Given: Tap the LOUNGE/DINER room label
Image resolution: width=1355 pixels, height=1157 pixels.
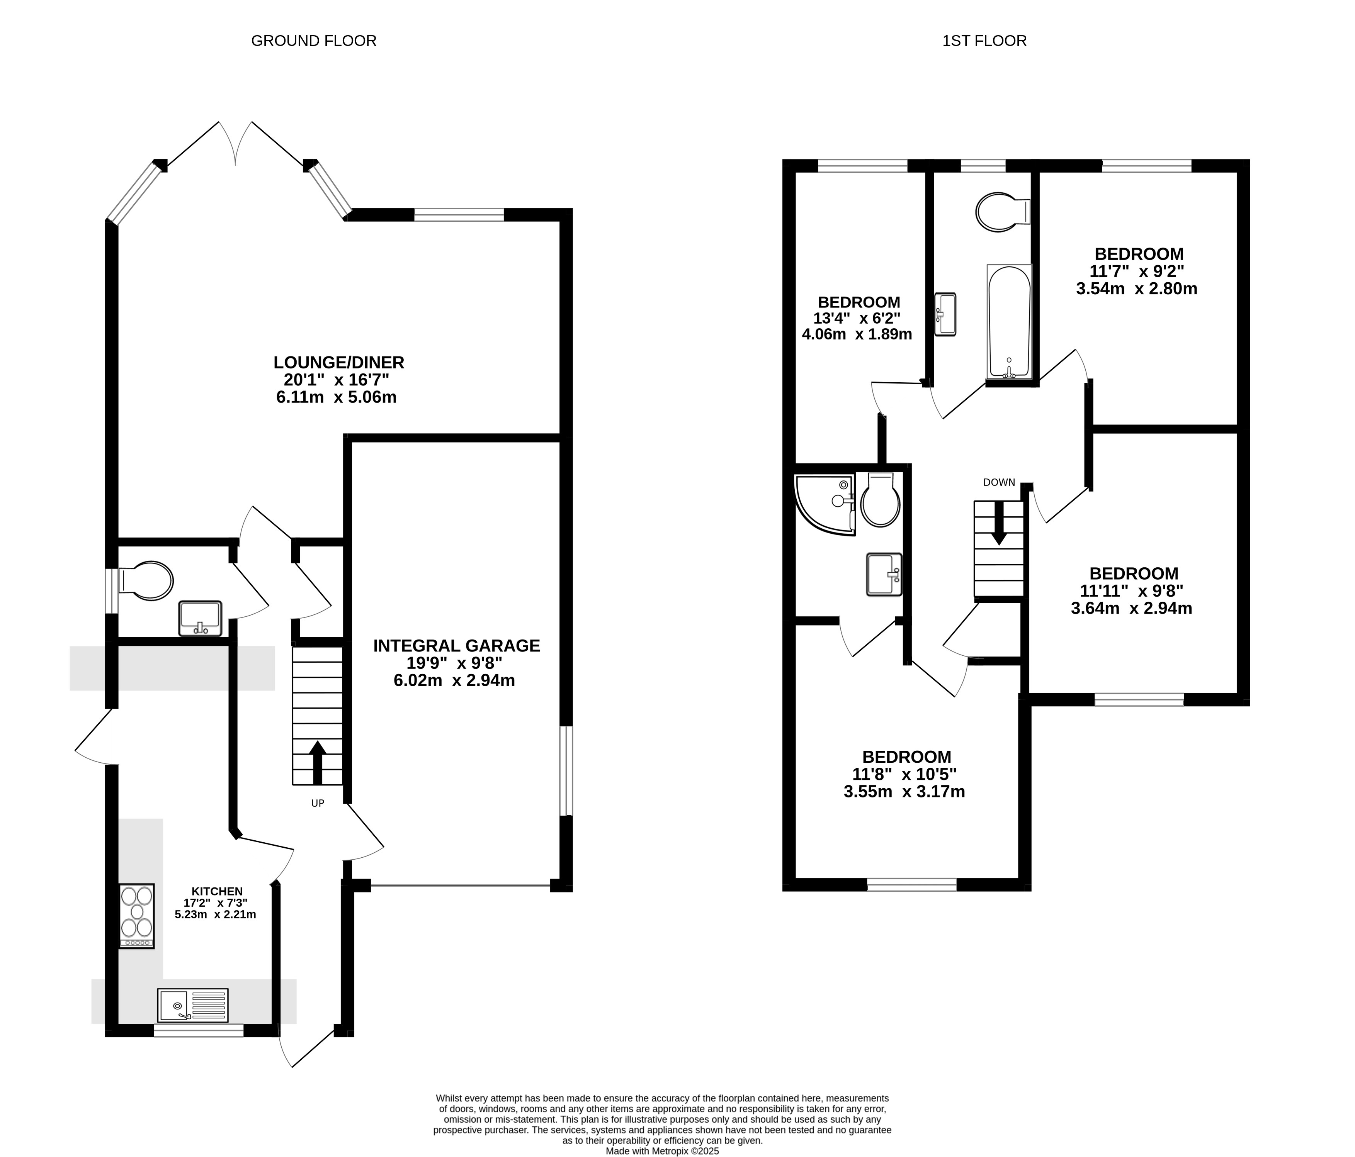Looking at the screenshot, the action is [x=339, y=362].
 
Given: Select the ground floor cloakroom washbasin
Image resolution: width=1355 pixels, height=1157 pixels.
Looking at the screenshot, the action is [x=200, y=618].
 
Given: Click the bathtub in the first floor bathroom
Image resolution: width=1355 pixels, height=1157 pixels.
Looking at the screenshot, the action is [x=1009, y=322].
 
